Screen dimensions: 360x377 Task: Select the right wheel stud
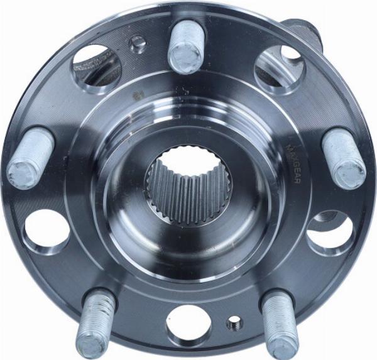[343, 158]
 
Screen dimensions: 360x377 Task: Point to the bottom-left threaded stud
[96, 322]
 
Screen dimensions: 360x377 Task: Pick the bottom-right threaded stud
[278, 323]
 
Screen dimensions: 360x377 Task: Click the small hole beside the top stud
[138, 43]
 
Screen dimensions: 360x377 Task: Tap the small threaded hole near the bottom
[234, 323]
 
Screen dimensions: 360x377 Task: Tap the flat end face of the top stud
[187, 58]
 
